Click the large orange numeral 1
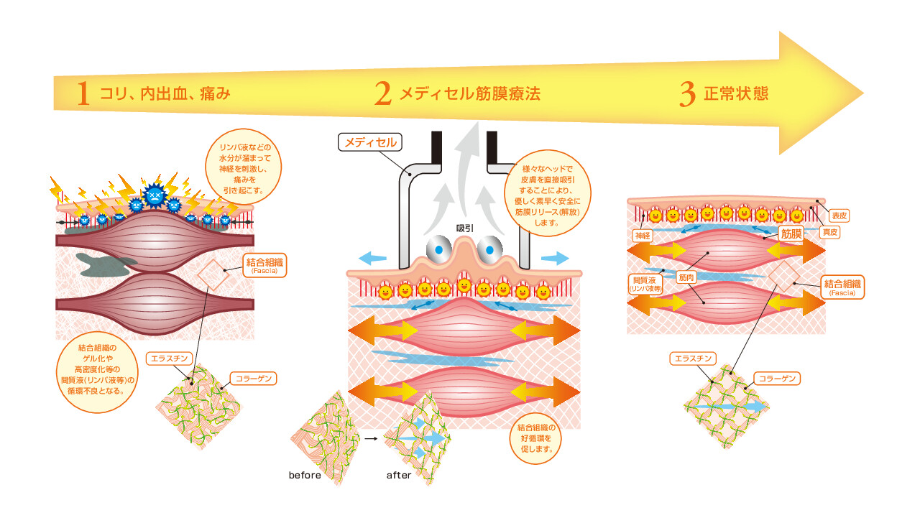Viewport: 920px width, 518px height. tap(83, 94)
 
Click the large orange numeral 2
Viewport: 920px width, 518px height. tap(383, 94)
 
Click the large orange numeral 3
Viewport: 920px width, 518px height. tap(688, 94)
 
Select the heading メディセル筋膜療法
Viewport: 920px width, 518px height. tap(469, 93)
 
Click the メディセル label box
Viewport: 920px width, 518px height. tap(370, 142)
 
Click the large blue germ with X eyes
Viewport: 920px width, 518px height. tap(156, 195)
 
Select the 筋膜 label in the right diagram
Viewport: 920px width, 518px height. tap(791, 233)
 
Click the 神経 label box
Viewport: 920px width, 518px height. tap(641, 235)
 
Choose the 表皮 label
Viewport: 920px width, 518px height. tap(839, 215)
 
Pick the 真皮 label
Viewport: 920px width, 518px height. tap(829, 232)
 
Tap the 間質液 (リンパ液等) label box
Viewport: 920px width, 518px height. tap(645, 283)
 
